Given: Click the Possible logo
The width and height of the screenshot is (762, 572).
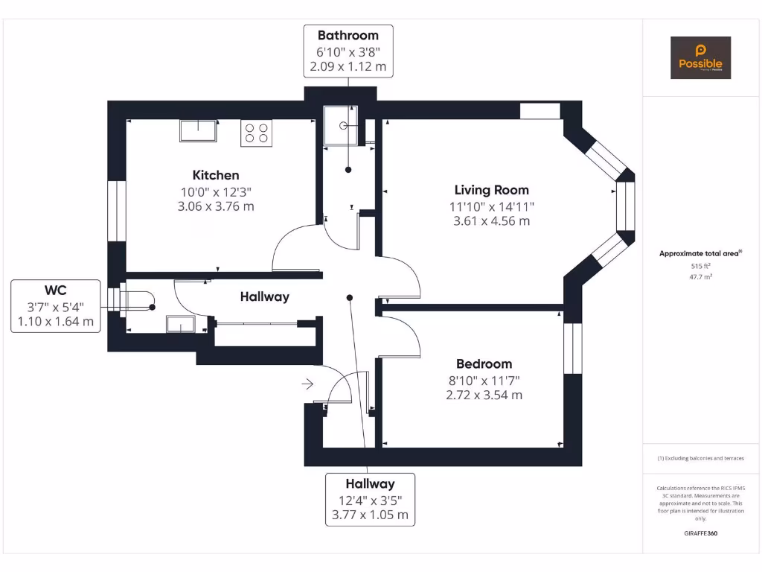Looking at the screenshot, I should (700, 57).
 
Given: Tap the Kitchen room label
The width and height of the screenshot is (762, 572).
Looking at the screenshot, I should (216, 175).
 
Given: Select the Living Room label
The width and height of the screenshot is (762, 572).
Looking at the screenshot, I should (491, 190).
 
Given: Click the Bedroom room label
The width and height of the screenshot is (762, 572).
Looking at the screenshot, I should (484, 363).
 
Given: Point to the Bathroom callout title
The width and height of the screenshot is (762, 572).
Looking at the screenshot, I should (348, 35).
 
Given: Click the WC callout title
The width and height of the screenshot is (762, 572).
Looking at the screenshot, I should (56, 289).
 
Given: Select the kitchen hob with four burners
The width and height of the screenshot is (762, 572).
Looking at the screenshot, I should (256, 132).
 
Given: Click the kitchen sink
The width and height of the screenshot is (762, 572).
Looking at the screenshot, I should (198, 130).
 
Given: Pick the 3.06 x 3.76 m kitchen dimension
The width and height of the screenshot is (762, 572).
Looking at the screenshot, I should (216, 206).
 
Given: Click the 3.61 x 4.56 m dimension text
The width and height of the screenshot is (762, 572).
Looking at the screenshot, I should (491, 221).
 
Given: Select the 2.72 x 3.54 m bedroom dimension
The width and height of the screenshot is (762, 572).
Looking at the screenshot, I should (484, 395).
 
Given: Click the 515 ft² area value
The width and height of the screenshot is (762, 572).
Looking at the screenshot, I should (700, 266).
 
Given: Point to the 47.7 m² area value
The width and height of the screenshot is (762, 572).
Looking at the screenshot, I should (700, 276).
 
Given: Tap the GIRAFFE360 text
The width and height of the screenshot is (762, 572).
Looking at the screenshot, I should (700, 533).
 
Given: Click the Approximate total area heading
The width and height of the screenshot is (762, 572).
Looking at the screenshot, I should (700, 253).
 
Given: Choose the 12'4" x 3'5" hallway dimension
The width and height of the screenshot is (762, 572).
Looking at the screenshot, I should (370, 500).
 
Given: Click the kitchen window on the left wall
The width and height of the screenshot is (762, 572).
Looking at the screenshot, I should (116, 211).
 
